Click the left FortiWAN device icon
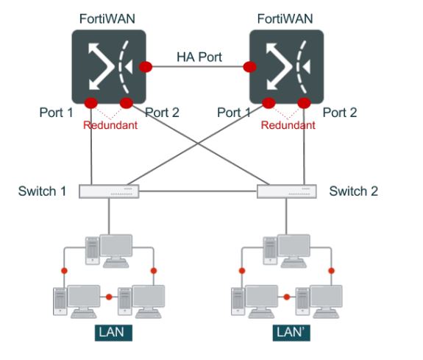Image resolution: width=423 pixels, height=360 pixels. [x=108, y=66]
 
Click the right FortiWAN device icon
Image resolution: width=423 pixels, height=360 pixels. [x=285, y=66]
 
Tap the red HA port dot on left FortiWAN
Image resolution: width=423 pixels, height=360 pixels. [x=146, y=67]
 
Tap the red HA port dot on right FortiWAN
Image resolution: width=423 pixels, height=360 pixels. [x=249, y=67]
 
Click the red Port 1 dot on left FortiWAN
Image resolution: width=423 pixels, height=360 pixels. [x=91, y=102]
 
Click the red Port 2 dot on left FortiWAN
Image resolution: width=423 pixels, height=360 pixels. [x=126, y=102]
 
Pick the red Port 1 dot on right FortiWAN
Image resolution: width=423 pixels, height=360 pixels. [x=269, y=102]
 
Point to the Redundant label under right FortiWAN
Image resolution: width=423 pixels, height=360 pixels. [x=288, y=125]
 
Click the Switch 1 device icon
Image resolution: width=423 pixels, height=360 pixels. [x=109, y=191]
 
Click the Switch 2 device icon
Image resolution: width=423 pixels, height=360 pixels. [x=287, y=191]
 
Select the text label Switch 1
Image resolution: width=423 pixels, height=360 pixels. [x=43, y=191]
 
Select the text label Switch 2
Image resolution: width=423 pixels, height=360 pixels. [x=353, y=191]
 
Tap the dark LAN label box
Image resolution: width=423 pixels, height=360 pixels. [x=112, y=332]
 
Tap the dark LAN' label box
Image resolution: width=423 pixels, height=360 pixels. [x=289, y=332]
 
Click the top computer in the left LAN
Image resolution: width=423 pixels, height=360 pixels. [x=109, y=250]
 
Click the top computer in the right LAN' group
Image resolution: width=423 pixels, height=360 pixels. [x=287, y=250]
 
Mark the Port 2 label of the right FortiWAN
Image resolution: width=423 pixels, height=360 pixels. [x=340, y=113]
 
